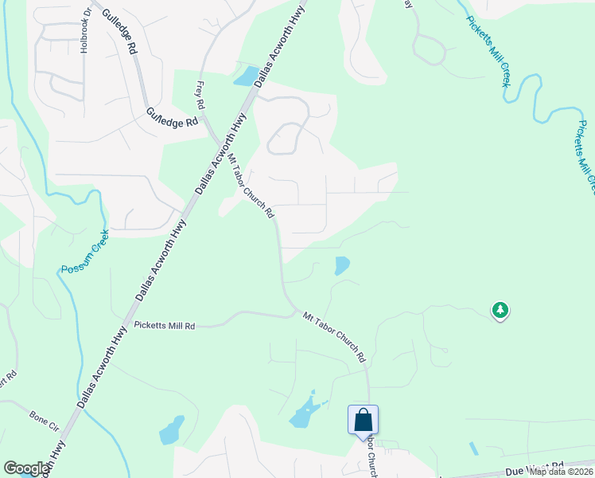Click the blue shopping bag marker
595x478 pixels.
(363, 419)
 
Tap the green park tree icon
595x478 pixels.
(500, 310)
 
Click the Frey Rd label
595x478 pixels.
(200, 95)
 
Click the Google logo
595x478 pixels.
(26, 468)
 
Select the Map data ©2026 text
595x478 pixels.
(561, 472)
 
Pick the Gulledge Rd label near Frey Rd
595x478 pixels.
(171, 118)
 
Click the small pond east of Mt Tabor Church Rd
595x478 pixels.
(342, 265)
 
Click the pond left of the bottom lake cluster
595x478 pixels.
(171, 429)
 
